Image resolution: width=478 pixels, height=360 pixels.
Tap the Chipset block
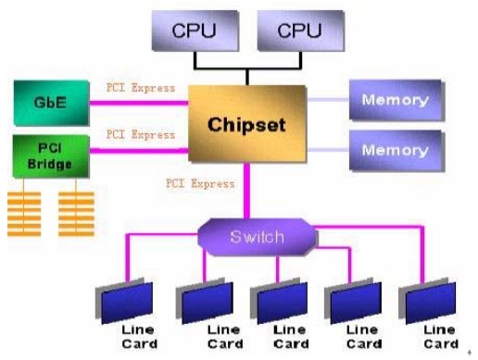(247, 124)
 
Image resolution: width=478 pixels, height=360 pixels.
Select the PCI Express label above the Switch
(200, 183)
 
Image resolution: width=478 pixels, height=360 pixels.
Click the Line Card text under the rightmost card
(438, 337)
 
